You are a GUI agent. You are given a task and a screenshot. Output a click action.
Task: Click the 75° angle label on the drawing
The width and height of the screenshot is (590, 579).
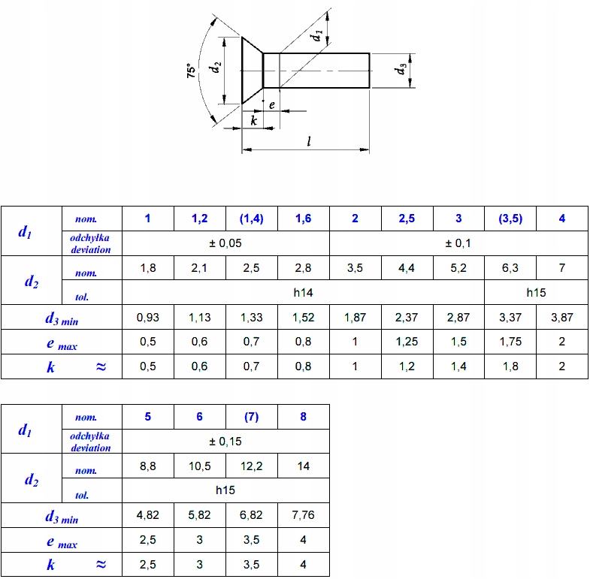[191, 71]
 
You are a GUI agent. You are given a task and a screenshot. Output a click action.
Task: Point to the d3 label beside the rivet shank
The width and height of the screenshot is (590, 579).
[401, 69]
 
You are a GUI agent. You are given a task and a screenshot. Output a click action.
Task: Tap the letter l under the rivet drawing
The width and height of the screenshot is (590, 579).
[309, 141]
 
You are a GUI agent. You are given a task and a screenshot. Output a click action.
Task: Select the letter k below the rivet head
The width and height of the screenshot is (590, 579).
[253, 120]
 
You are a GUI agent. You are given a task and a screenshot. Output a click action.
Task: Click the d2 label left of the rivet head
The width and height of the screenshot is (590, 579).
[214, 68]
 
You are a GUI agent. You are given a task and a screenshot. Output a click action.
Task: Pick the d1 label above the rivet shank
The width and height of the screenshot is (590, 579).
[316, 35]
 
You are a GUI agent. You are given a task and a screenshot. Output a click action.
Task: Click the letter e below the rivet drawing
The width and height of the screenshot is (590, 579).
[271, 105]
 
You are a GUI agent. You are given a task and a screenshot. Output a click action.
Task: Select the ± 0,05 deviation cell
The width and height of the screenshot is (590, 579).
[225, 243]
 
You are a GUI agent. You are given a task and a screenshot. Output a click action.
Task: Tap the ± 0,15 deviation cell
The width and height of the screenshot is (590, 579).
[225, 442]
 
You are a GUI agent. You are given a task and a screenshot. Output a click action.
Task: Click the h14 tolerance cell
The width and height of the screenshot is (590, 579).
[303, 293]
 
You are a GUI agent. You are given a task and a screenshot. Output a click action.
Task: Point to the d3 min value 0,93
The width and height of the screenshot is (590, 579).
[148, 318]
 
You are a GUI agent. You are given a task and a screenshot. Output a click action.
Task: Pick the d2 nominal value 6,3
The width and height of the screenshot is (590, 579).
[510, 268]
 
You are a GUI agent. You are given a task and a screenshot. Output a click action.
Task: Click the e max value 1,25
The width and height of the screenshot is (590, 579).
[407, 342]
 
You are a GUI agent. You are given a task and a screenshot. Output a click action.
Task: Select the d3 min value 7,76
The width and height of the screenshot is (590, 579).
[303, 514]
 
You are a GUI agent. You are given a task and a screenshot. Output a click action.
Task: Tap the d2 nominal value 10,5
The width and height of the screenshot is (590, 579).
[199, 466]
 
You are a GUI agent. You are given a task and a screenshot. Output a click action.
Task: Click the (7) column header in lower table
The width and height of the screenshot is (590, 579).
[251, 417]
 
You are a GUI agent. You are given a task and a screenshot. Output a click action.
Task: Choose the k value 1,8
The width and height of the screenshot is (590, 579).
[510, 366]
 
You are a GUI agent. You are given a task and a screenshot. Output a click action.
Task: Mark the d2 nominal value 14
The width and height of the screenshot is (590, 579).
[304, 466]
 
